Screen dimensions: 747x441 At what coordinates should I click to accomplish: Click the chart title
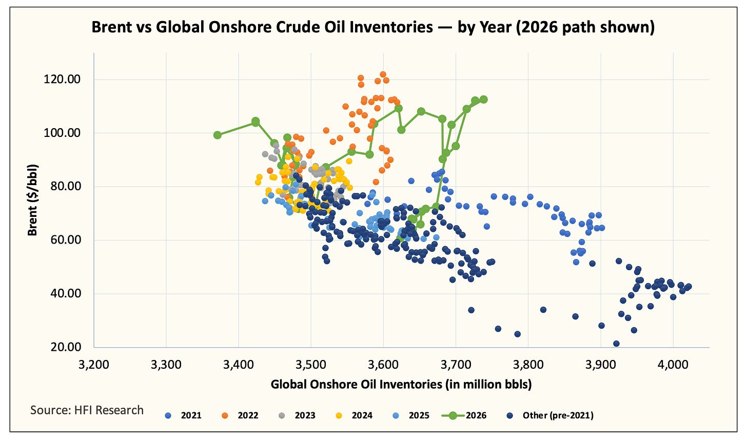tap(373, 27)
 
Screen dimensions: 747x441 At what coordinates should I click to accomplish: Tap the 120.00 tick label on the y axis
tap(62, 79)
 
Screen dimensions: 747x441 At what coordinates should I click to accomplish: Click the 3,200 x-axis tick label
tap(94, 365)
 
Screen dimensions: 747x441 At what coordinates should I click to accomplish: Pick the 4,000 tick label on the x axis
tap(673, 365)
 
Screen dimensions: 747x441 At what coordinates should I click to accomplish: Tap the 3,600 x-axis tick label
tap(384, 365)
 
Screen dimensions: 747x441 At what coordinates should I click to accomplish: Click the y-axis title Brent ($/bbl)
tap(32, 200)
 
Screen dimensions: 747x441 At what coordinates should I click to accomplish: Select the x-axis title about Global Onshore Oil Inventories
tap(401, 384)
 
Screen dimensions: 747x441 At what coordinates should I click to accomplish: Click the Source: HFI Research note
tap(87, 410)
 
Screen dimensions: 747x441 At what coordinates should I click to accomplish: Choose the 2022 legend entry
tap(240, 415)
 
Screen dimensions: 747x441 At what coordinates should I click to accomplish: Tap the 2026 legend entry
tap(464, 415)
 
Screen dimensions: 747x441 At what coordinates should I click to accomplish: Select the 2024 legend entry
tap(354, 415)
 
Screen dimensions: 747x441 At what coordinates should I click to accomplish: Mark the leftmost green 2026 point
tap(218, 135)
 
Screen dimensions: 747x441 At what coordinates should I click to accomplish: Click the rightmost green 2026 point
tap(483, 99)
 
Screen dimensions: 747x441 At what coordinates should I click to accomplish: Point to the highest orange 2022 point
tap(383, 74)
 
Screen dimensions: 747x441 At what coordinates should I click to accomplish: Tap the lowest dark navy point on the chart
tap(616, 344)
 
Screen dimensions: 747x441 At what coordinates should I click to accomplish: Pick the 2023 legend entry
tap(297, 415)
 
